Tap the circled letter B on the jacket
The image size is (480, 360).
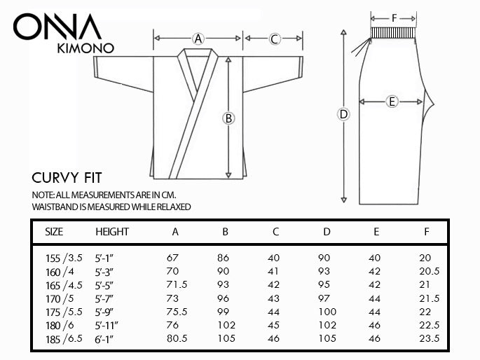[228, 118]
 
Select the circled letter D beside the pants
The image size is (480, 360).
[343, 115]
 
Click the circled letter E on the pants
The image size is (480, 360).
[392, 102]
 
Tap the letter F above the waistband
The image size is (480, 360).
[394, 17]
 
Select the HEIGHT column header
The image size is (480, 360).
[112, 232]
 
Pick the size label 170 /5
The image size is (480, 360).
[59, 298]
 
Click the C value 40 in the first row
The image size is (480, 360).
[274, 258]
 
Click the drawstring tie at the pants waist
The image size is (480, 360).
[362, 46]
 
